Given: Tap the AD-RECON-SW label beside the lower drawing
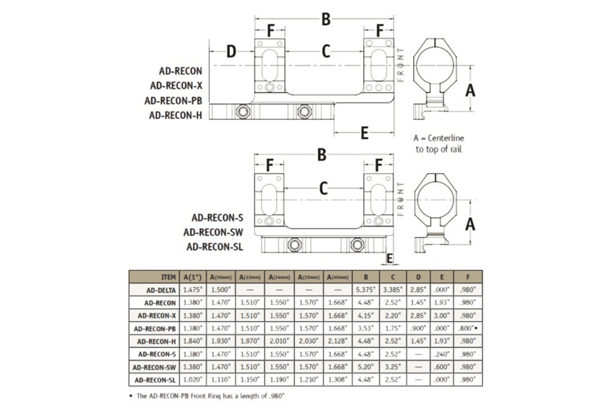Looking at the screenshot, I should coord(214,232).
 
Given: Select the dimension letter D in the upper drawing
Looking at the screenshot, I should coord(231,51).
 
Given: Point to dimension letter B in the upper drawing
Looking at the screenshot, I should coord(326,20).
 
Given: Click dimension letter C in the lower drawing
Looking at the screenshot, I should coord(323,189).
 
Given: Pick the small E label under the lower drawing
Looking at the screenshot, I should coord(390,258).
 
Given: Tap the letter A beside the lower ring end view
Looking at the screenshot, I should coord(471,225).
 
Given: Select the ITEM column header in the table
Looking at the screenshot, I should coord(169,277).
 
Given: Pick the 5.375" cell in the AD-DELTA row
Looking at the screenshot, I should coord(364,290).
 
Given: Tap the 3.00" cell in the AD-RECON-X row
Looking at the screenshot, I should coord(442,315).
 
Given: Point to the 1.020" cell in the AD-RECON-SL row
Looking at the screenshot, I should coord(193,380).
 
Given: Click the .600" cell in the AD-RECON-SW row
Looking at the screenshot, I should coord(442,366).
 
